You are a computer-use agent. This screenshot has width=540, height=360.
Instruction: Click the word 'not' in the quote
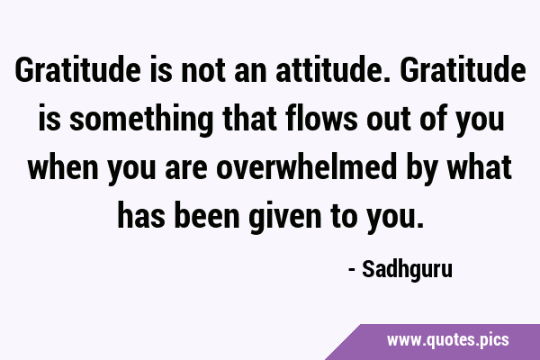click(203, 70)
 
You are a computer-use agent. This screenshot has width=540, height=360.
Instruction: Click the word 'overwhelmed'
click(307, 167)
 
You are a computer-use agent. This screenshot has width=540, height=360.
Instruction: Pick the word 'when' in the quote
click(63, 167)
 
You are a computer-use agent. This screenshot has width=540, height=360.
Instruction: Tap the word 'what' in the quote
click(480, 167)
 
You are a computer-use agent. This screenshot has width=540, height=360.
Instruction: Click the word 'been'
click(207, 216)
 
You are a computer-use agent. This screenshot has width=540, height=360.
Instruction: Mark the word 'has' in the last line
click(141, 216)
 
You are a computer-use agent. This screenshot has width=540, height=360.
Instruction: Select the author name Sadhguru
click(407, 270)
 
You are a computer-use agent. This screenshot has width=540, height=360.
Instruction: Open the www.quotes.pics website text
click(448, 341)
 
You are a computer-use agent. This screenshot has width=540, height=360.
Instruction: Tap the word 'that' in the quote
click(249, 119)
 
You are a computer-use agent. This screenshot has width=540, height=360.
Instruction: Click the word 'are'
click(186, 169)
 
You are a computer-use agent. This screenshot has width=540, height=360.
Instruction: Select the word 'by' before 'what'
click(422, 169)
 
